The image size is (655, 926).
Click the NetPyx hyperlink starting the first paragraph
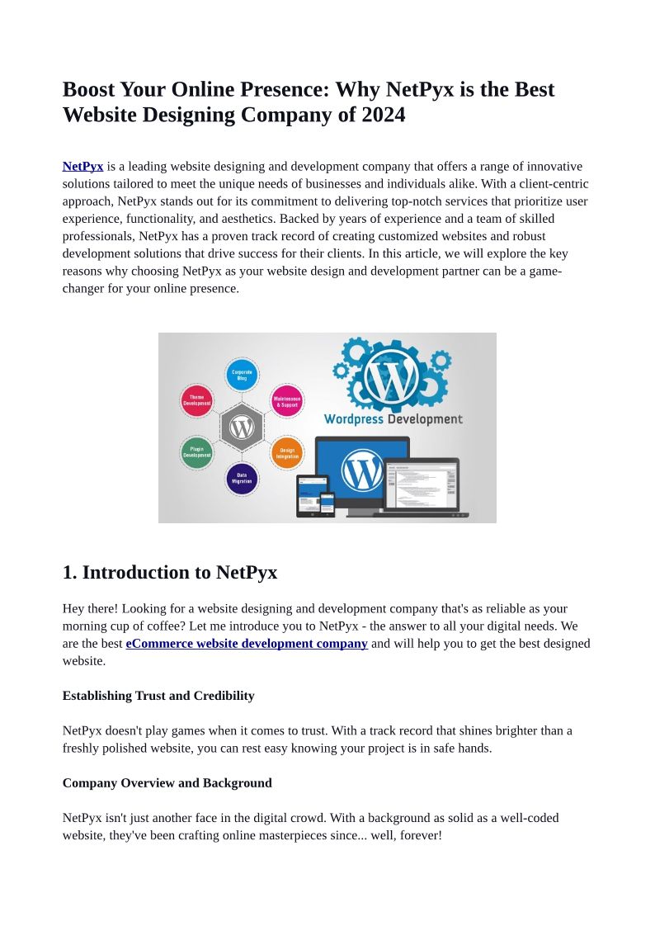coord(82,166)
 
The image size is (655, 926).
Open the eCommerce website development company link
coord(247,644)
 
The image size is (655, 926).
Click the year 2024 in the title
coord(383,115)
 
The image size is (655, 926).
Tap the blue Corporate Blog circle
coord(242,375)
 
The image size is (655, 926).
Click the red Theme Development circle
coord(197,401)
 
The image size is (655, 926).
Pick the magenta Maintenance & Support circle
coord(287,401)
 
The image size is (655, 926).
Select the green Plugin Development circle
coord(197,452)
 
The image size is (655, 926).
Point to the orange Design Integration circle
coord(287,453)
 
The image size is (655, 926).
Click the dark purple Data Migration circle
coord(242,479)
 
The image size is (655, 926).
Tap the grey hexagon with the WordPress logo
coord(242,428)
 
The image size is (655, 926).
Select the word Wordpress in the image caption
coord(354,419)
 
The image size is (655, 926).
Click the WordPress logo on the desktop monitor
coord(362,470)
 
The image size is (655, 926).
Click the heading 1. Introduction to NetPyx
coord(170,572)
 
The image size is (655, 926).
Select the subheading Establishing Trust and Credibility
coord(158,696)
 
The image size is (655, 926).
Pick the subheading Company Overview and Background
coord(167,782)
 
